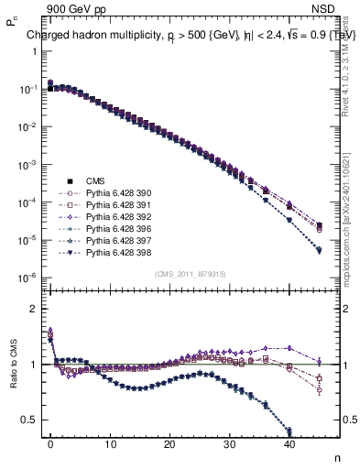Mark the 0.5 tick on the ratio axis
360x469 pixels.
(27, 420)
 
